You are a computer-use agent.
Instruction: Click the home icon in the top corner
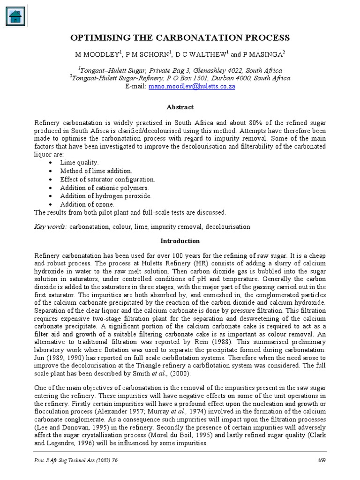click(16, 16)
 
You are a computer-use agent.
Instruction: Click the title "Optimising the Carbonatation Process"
click(180, 37)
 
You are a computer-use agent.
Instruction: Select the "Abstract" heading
click(180, 107)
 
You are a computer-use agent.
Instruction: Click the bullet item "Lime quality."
click(79, 162)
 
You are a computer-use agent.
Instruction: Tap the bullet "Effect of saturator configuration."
click(107, 179)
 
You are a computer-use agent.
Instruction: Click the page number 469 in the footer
click(321, 460)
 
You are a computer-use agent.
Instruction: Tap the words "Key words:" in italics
click(51, 226)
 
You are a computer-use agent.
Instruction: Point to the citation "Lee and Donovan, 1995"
click(71, 427)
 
